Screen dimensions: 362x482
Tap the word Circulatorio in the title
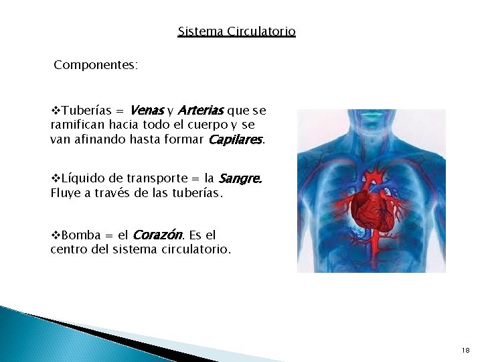click(261, 32)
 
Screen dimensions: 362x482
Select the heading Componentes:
click(96, 65)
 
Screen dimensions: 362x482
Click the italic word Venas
click(147, 110)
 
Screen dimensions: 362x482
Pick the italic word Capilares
click(235, 139)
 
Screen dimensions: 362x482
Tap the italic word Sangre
click(240, 179)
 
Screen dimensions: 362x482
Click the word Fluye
click(65, 194)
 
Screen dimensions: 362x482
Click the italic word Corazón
click(157, 235)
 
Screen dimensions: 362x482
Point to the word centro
click(70, 250)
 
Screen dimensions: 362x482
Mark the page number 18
click(465, 351)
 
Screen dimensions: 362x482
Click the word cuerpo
click(208, 125)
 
